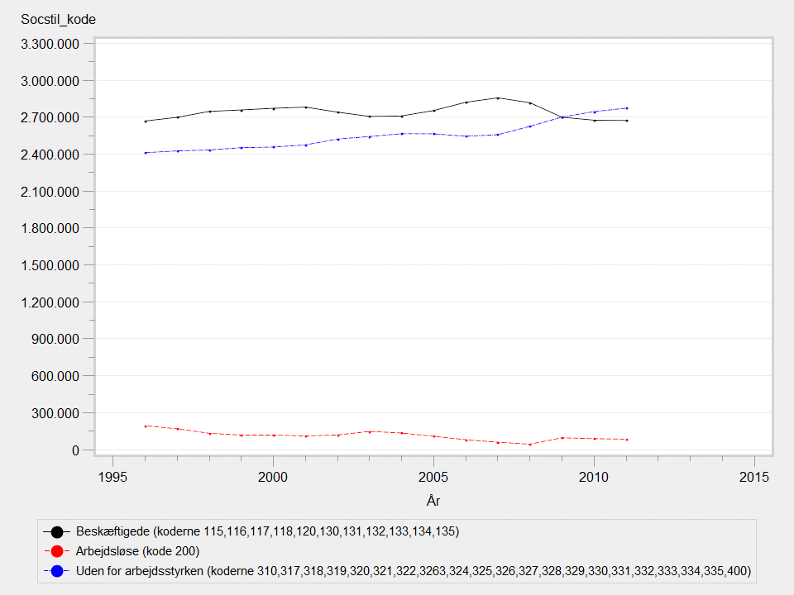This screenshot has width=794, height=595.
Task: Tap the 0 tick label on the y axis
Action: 74,450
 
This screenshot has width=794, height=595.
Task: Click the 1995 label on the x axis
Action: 112,477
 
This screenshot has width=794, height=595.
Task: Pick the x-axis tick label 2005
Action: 433,477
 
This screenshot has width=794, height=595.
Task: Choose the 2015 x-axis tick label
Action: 754,477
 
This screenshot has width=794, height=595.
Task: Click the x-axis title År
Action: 433,500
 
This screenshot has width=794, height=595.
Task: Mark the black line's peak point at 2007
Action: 498,98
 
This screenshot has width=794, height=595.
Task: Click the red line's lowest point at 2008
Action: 530,445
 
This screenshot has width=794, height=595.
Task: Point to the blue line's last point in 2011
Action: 627,108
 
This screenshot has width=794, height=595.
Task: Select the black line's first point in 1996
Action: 146,121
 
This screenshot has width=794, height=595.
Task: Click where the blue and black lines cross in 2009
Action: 562,117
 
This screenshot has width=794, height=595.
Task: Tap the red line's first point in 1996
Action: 146,426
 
